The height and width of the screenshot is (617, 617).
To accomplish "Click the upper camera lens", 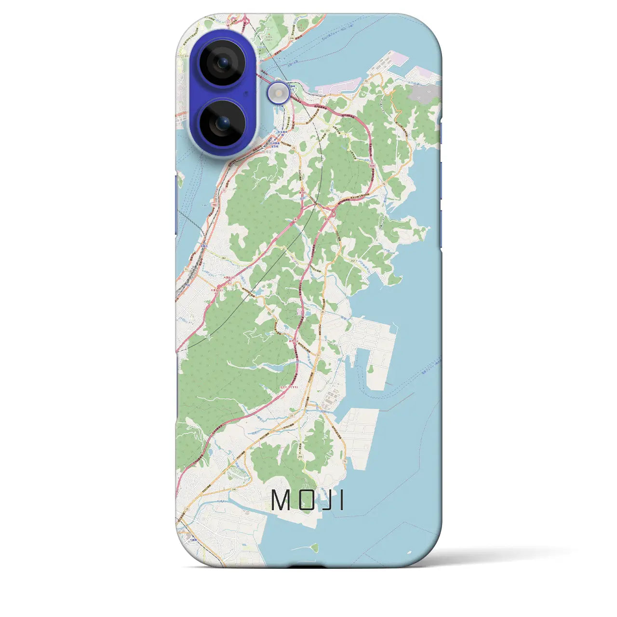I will click(x=222, y=63).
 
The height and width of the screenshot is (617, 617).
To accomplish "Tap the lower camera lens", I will click(x=222, y=123).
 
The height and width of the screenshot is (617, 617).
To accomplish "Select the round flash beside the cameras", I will click(x=279, y=93).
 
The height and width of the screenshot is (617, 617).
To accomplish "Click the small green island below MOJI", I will click(x=314, y=547).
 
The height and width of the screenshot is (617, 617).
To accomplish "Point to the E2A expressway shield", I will click(x=372, y=165).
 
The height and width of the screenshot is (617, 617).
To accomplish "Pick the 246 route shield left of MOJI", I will click(x=234, y=489).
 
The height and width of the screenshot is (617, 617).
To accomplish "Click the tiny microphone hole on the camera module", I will click(x=247, y=94).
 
